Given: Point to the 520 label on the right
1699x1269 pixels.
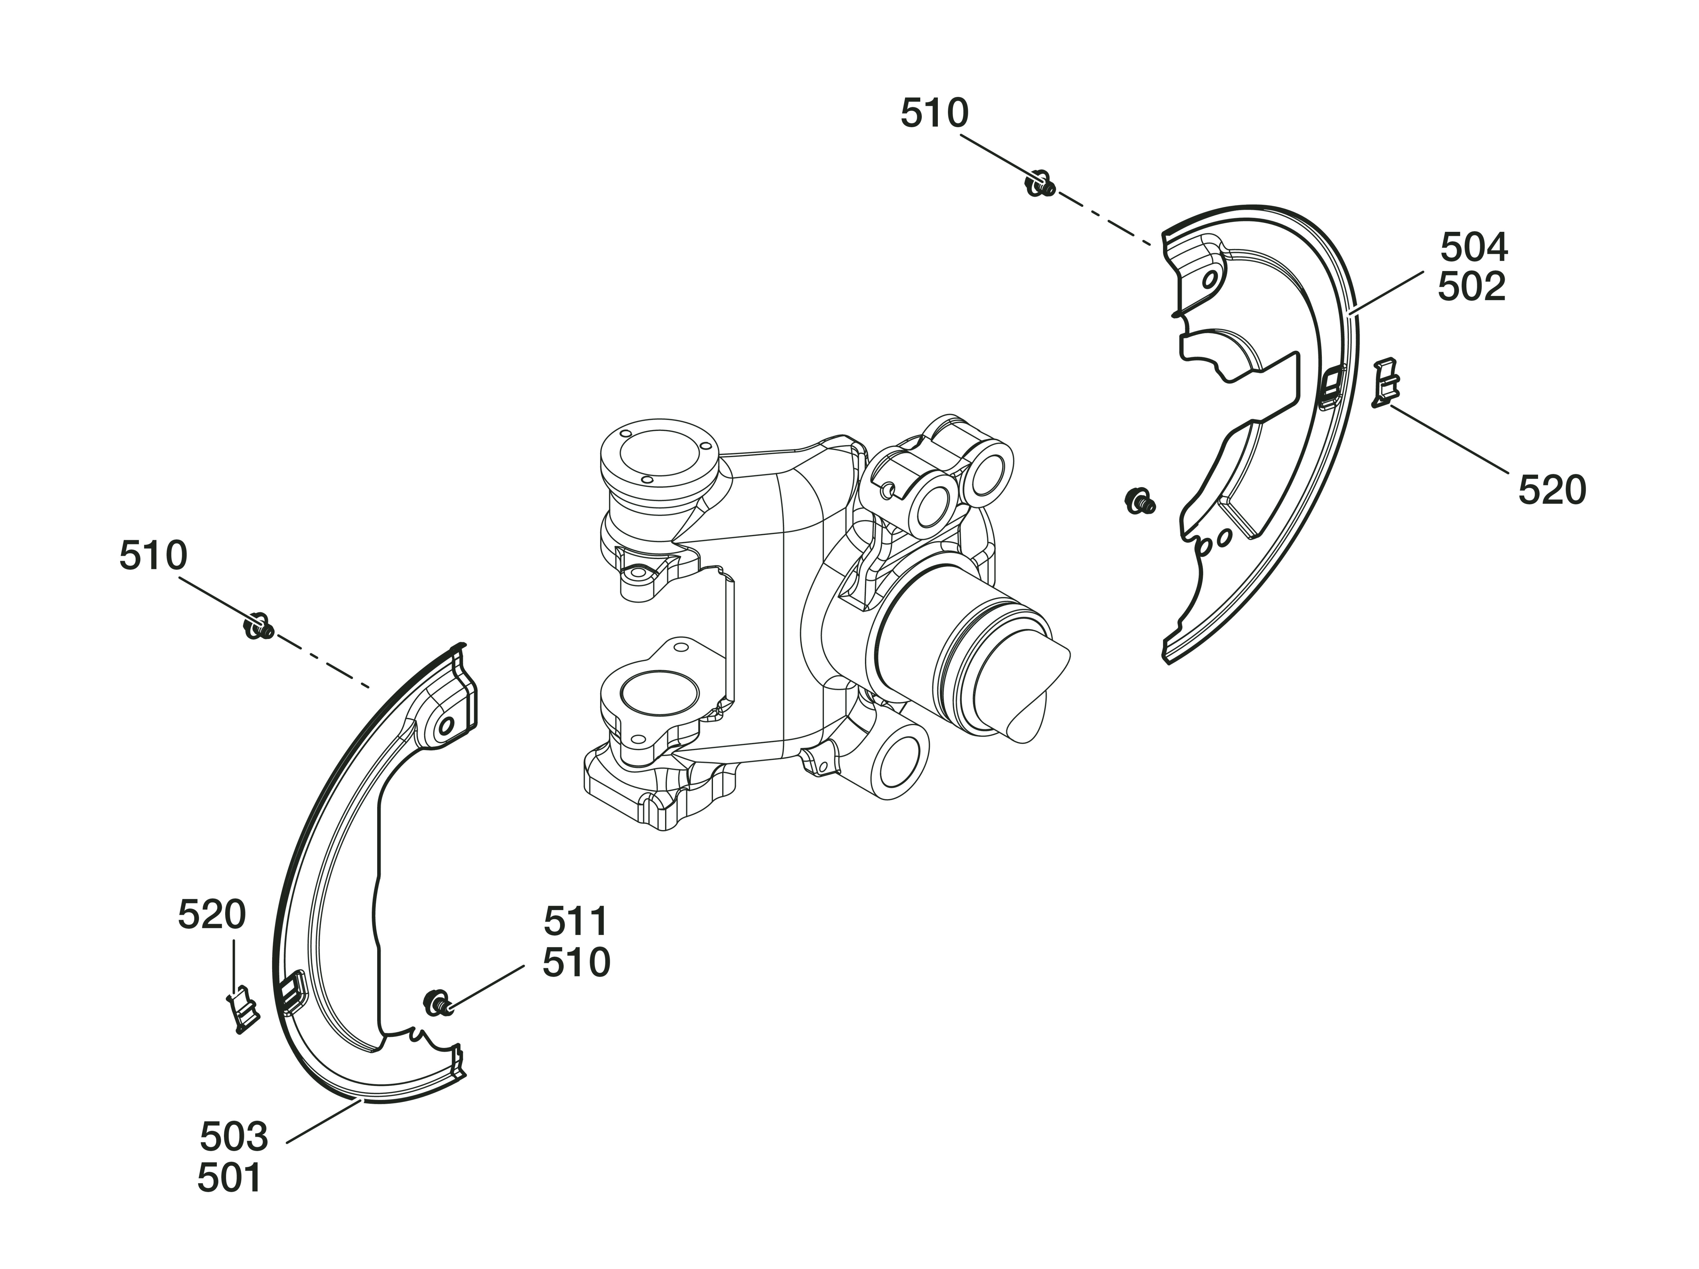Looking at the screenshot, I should point(1552,490).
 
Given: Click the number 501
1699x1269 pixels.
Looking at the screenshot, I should point(230,1178).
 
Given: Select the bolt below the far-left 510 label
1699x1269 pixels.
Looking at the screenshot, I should point(259,626).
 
